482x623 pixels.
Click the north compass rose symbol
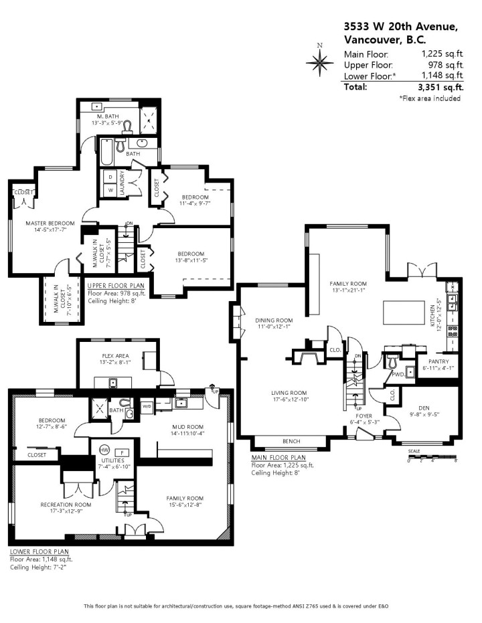click(319, 62)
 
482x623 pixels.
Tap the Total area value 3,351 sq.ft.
click(440, 87)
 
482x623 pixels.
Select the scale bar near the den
click(432, 458)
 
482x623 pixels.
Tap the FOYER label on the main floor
click(364, 416)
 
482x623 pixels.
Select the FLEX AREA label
click(116, 355)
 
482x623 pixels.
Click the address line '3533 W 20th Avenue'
click(400, 26)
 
